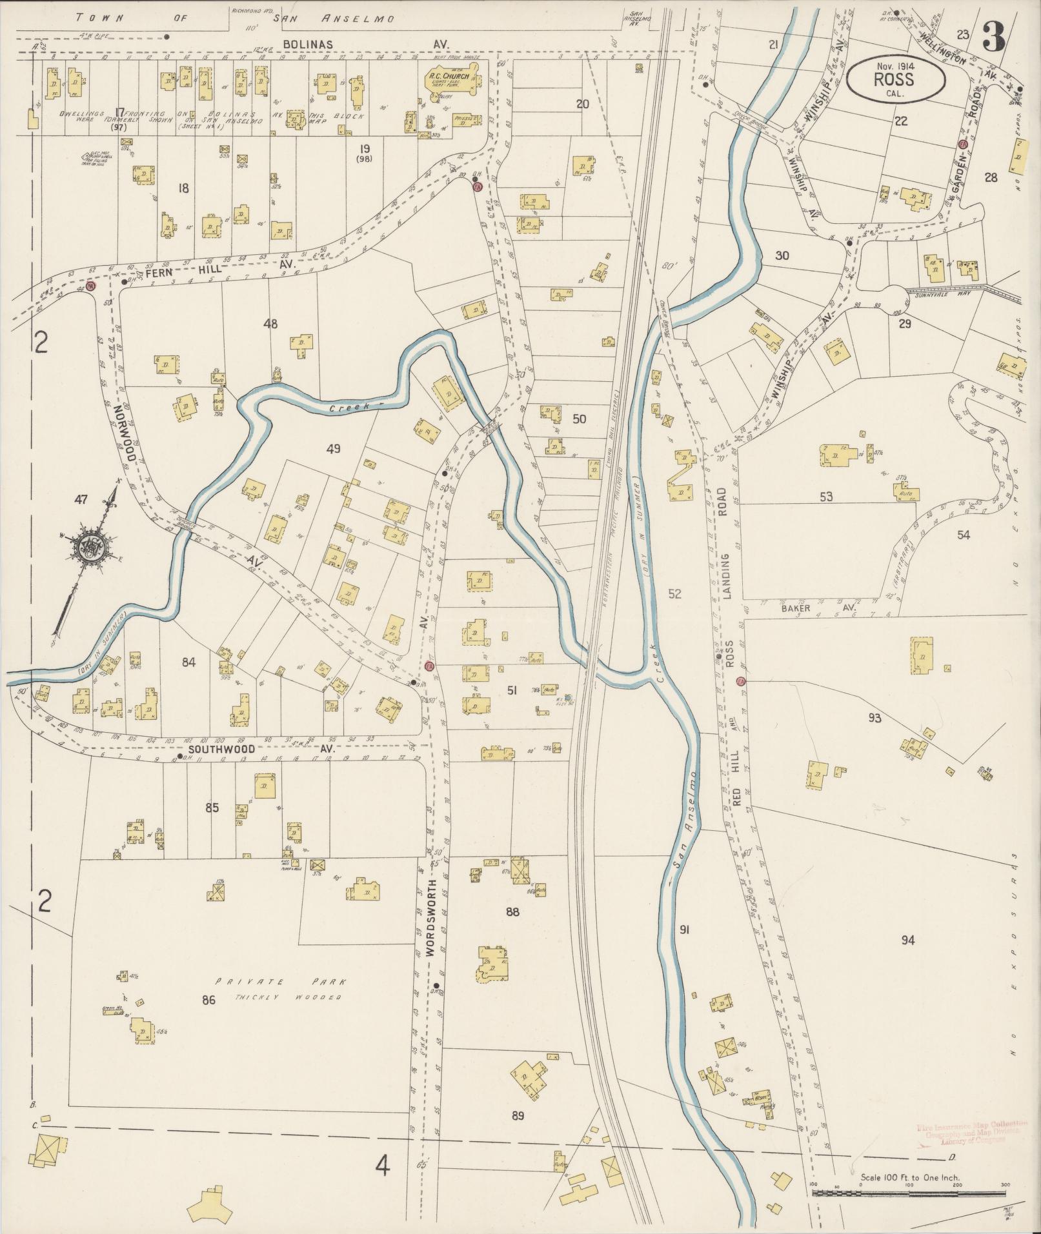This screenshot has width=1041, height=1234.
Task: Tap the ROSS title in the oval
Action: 894,80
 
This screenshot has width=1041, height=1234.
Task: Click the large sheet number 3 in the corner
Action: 994,39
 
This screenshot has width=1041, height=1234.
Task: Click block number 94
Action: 908,940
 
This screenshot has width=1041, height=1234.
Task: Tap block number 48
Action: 270,324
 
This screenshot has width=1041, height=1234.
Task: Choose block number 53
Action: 826,497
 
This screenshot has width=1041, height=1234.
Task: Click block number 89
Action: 517,1116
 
